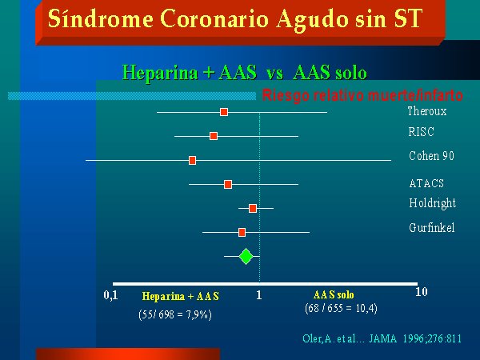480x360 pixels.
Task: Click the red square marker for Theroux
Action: (x=224, y=112)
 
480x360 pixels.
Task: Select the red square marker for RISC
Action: (x=214, y=136)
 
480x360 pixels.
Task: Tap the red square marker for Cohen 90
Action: (x=192, y=160)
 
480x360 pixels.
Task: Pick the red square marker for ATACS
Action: (x=228, y=184)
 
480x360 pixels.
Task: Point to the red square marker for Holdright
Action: (x=253, y=209)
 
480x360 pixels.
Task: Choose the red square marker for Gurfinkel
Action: (x=242, y=232)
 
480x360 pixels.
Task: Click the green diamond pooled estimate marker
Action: (x=246, y=257)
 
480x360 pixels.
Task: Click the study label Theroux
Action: (x=427, y=111)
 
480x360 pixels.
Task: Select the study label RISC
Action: (x=422, y=132)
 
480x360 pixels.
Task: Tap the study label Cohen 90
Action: (x=432, y=156)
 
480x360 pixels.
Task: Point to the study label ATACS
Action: (x=426, y=183)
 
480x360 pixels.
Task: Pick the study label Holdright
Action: (x=433, y=203)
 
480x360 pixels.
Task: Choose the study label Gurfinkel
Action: (x=432, y=228)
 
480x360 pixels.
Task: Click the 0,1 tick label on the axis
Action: (x=111, y=295)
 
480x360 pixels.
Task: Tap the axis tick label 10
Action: (x=422, y=292)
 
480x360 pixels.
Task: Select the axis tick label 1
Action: (x=259, y=294)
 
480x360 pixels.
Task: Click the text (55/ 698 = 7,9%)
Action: (x=175, y=314)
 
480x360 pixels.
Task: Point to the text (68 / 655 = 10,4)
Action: (x=341, y=308)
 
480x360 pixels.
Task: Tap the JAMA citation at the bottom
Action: (x=382, y=338)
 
